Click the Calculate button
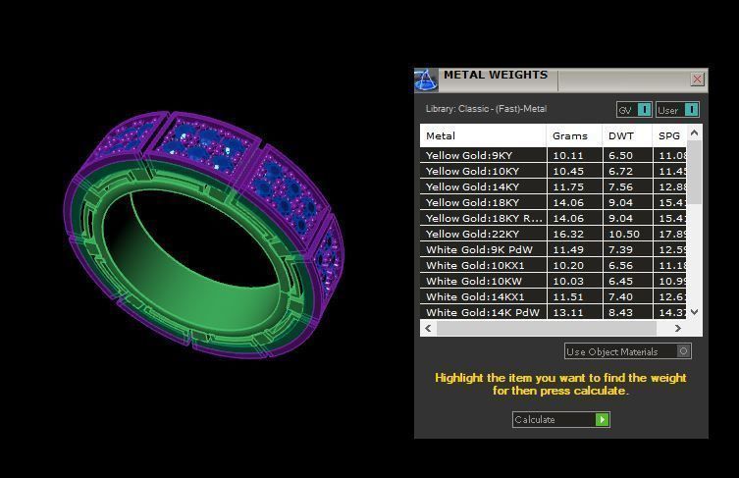pos(560,419)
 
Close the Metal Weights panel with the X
pos(697,79)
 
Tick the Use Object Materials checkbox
pos(684,351)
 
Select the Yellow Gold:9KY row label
pos(469,155)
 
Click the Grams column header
pos(570,135)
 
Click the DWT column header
pos(621,135)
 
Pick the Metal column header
pos(441,135)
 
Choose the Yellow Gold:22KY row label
pos(473,234)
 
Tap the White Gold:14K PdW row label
pos(482,312)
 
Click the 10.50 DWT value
pos(623,234)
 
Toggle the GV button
pos(633,109)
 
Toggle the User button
pos(678,109)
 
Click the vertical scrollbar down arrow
pos(694,311)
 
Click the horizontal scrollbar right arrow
pos(677,328)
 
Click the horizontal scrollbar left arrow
pos(428,328)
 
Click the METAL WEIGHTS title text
pos(495,75)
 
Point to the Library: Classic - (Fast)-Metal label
pos(486,109)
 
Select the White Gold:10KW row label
pos(473,281)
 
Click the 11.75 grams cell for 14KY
pos(568,186)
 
